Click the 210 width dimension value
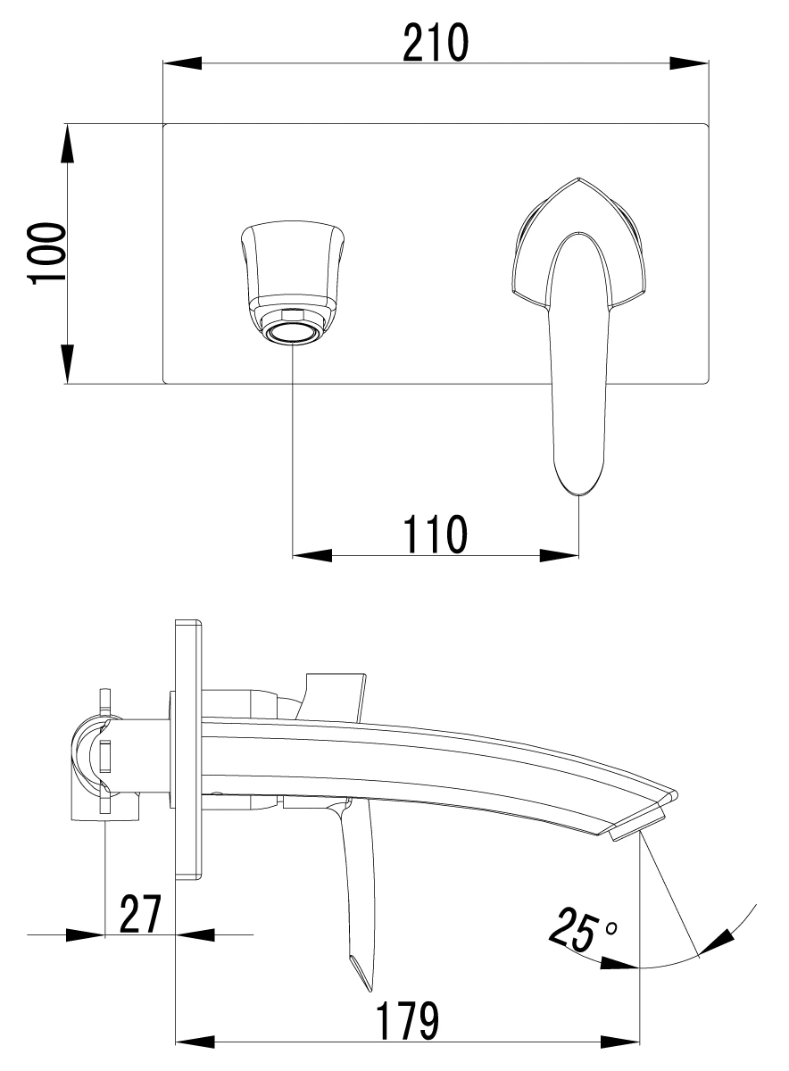coord(436,43)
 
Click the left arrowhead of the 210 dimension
coord(183,63)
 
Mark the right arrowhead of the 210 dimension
coord(688,63)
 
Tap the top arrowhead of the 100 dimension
coord(68,144)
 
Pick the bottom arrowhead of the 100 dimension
coord(68,363)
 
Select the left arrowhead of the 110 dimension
coord(311,555)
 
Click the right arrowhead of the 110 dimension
coord(560,555)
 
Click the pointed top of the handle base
coord(578,178)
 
